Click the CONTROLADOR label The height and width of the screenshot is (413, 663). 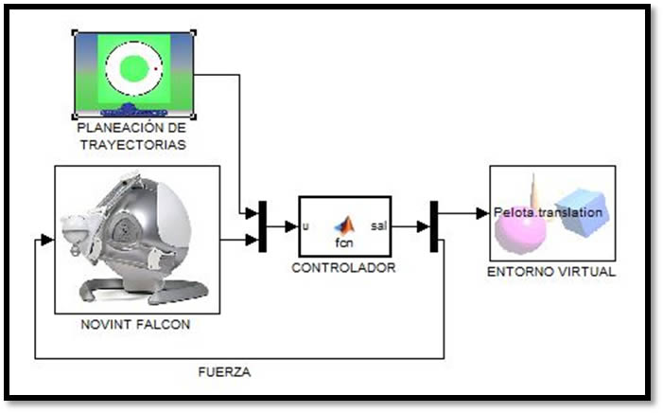coord(343,268)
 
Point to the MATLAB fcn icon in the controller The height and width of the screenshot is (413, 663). coord(344,224)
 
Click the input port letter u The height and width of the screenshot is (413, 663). coord(305,226)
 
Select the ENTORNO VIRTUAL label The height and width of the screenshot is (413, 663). coord(551,272)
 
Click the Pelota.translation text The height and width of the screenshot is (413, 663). coord(548,212)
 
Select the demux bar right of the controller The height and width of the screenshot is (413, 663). coord(435,226)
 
